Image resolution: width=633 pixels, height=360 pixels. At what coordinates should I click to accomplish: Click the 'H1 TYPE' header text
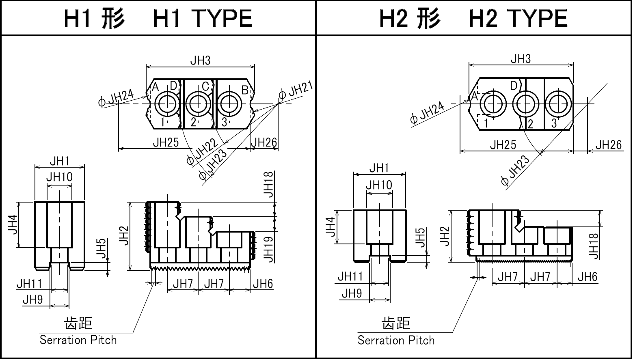158,18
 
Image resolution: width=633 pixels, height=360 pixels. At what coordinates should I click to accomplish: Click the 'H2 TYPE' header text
473,18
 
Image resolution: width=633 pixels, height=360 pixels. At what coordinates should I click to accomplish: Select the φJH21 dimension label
296,91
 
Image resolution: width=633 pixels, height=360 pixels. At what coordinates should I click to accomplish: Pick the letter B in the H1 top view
245,90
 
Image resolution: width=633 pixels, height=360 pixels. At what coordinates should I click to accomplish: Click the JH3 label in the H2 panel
521,59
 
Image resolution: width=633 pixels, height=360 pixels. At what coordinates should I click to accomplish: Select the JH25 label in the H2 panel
503,145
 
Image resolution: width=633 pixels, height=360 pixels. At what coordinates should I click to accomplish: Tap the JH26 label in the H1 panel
264,142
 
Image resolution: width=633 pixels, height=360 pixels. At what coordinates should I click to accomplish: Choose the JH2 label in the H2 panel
445,236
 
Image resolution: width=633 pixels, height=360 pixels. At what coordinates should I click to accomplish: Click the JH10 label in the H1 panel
59,177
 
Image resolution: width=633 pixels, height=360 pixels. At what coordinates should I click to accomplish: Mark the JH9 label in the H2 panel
352,293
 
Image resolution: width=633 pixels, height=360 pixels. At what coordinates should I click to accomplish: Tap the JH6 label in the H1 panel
263,284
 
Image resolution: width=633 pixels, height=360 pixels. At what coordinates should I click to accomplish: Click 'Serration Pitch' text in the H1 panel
78,340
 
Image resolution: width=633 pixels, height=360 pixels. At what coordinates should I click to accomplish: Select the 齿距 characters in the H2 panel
396,323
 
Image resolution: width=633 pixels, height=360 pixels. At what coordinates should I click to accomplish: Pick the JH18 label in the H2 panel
594,246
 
